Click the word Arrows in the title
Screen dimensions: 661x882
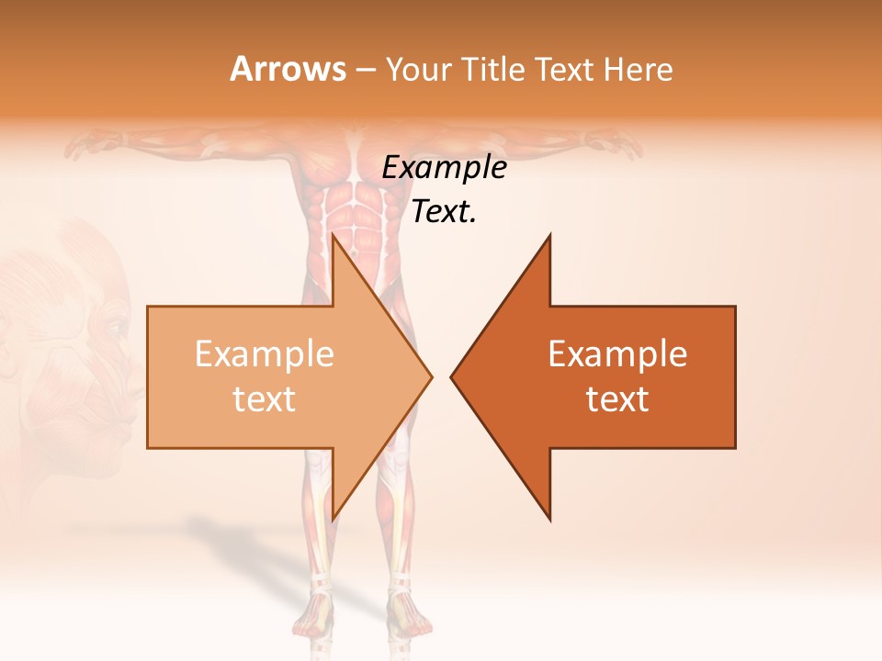point(287,69)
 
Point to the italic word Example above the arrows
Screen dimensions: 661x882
point(444,168)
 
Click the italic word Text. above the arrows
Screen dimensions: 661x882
point(444,212)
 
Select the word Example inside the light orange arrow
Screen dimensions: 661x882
point(265,354)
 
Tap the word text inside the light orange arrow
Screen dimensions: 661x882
point(265,399)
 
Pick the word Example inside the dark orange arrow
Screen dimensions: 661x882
point(617,354)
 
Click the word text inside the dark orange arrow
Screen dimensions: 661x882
point(617,399)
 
